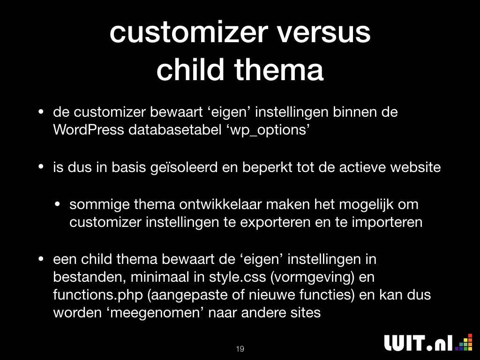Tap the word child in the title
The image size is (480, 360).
(x=190, y=69)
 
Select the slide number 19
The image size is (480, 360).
(x=240, y=349)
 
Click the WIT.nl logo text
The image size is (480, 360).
(x=418, y=343)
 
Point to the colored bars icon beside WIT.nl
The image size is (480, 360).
(x=464, y=342)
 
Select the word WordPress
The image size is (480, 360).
(x=89, y=130)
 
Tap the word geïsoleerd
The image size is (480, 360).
(x=184, y=168)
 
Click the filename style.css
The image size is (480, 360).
(x=238, y=277)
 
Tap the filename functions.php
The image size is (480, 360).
(x=98, y=294)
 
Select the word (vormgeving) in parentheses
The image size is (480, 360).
(x=312, y=277)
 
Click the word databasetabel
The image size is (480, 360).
(x=175, y=130)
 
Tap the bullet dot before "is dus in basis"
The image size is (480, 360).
(x=41, y=167)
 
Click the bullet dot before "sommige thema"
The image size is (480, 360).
(x=58, y=204)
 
